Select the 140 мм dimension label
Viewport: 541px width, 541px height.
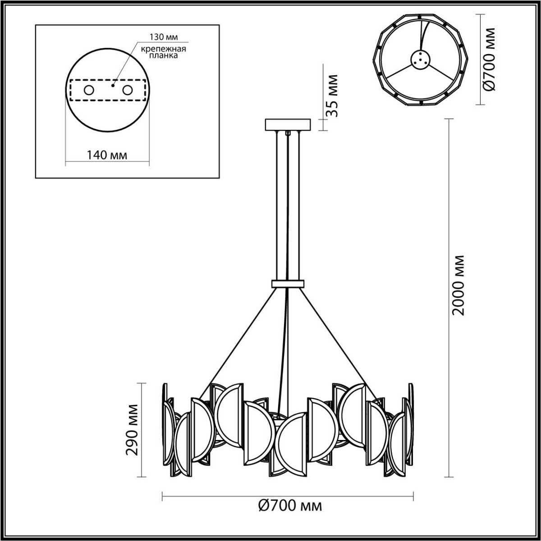(107, 155)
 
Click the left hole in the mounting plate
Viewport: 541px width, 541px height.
(88, 90)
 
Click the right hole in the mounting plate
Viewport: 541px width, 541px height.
(128, 90)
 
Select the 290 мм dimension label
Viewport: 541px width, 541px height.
(132, 430)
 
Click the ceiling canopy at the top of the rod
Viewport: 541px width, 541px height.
(288, 124)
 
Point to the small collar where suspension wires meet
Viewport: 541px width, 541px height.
(288, 284)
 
